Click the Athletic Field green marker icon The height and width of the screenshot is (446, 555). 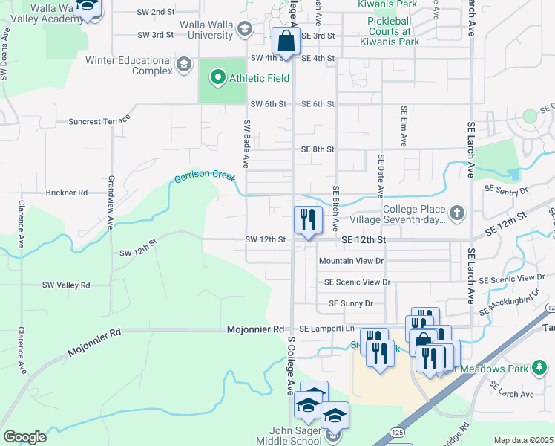(x=217, y=77)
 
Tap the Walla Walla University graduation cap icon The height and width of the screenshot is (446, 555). (x=245, y=28)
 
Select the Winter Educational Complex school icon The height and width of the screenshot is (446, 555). (x=182, y=65)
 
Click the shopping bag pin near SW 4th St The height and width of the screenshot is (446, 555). (x=286, y=43)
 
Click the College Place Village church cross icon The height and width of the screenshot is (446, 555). (x=457, y=214)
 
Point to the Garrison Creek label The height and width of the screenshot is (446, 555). (x=204, y=177)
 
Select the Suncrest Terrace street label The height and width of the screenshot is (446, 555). (x=98, y=120)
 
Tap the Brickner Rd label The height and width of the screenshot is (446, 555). (x=67, y=193)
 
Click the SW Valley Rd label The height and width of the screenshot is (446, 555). (x=66, y=285)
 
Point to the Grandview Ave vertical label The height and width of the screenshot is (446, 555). (x=110, y=201)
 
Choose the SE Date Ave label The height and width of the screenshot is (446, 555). (x=380, y=175)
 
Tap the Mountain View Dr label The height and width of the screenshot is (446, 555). (x=351, y=261)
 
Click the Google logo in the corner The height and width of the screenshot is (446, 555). (x=24, y=437)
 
